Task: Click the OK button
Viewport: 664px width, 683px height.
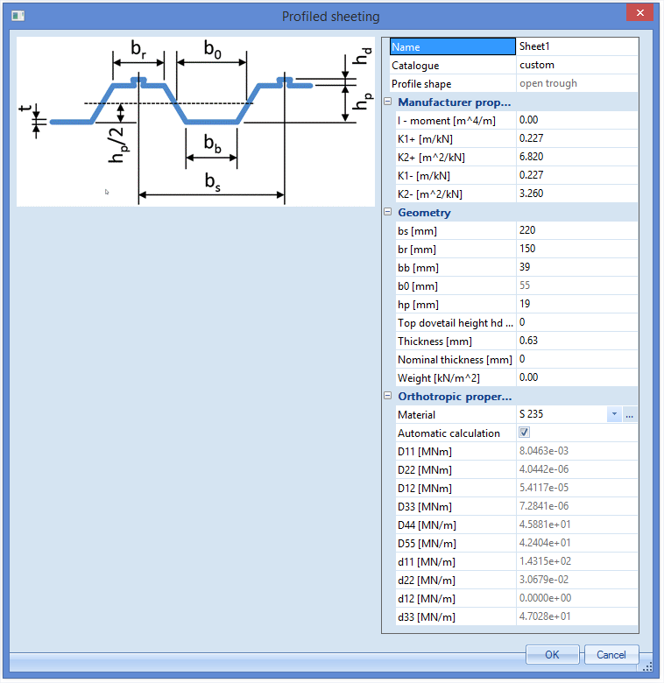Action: point(552,654)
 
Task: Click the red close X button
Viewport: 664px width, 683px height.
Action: point(639,12)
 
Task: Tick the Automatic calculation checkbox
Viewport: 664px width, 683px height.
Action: point(524,432)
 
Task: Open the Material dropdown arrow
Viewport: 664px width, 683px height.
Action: point(614,414)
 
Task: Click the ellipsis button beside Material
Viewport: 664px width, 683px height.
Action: point(629,414)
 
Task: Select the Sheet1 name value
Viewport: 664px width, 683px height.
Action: point(534,46)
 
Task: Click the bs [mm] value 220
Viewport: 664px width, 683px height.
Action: point(527,230)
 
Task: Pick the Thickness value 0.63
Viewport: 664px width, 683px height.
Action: point(528,341)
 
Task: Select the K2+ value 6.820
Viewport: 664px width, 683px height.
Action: point(531,157)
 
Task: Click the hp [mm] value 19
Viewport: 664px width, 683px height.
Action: point(525,304)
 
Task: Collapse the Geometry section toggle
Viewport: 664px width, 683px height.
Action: point(388,212)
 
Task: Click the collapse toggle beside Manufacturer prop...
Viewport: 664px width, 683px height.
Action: point(388,102)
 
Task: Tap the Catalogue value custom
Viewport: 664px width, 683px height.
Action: point(537,65)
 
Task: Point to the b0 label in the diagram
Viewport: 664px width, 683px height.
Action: point(213,49)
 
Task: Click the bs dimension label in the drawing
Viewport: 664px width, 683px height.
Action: point(213,181)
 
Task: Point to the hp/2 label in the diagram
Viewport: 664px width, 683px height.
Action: point(118,145)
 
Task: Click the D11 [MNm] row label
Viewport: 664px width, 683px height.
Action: point(424,452)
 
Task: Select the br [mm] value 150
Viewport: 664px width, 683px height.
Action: point(527,249)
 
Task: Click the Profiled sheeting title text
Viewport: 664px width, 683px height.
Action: point(331,17)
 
